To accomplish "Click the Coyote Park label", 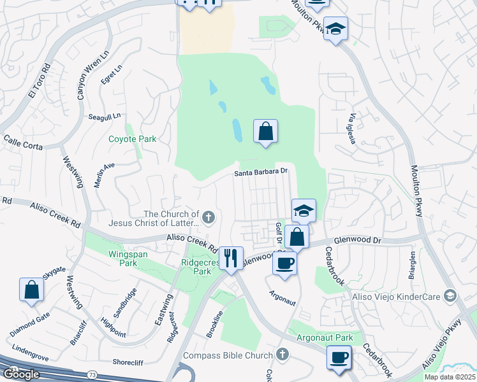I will point(132,139).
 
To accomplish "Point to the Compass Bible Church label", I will point(228,355).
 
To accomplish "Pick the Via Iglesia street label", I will point(352,129).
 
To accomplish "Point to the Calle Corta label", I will point(22,143).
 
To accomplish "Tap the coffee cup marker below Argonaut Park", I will point(339,357).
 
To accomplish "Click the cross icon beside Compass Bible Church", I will point(283,354).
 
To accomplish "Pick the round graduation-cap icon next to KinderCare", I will point(450,295).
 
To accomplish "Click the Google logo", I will point(22,374).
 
